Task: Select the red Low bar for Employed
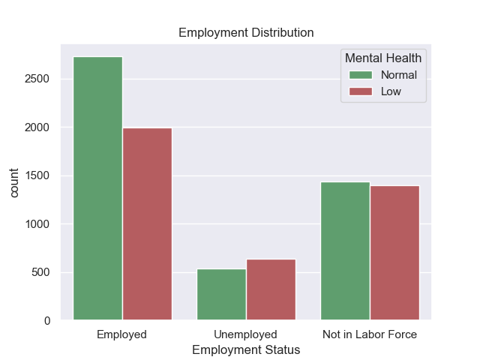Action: click(x=147, y=224)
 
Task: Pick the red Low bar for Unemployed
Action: click(x=271, y=289)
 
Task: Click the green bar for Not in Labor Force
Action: click(x=345, y=251)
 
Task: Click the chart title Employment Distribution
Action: click(x=246, y=33)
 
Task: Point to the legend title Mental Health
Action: click(x=382, y=58)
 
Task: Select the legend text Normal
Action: click(x=398, y=75)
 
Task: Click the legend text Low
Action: click(x=391, y=91)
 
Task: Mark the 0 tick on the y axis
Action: click(x=46, y=321)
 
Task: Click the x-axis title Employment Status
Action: click(x=246, y=350)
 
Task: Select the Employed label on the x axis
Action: click(x=122, y=334)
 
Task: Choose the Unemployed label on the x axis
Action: click(x=246, y=334)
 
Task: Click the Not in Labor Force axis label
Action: click(x=369, y=334)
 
